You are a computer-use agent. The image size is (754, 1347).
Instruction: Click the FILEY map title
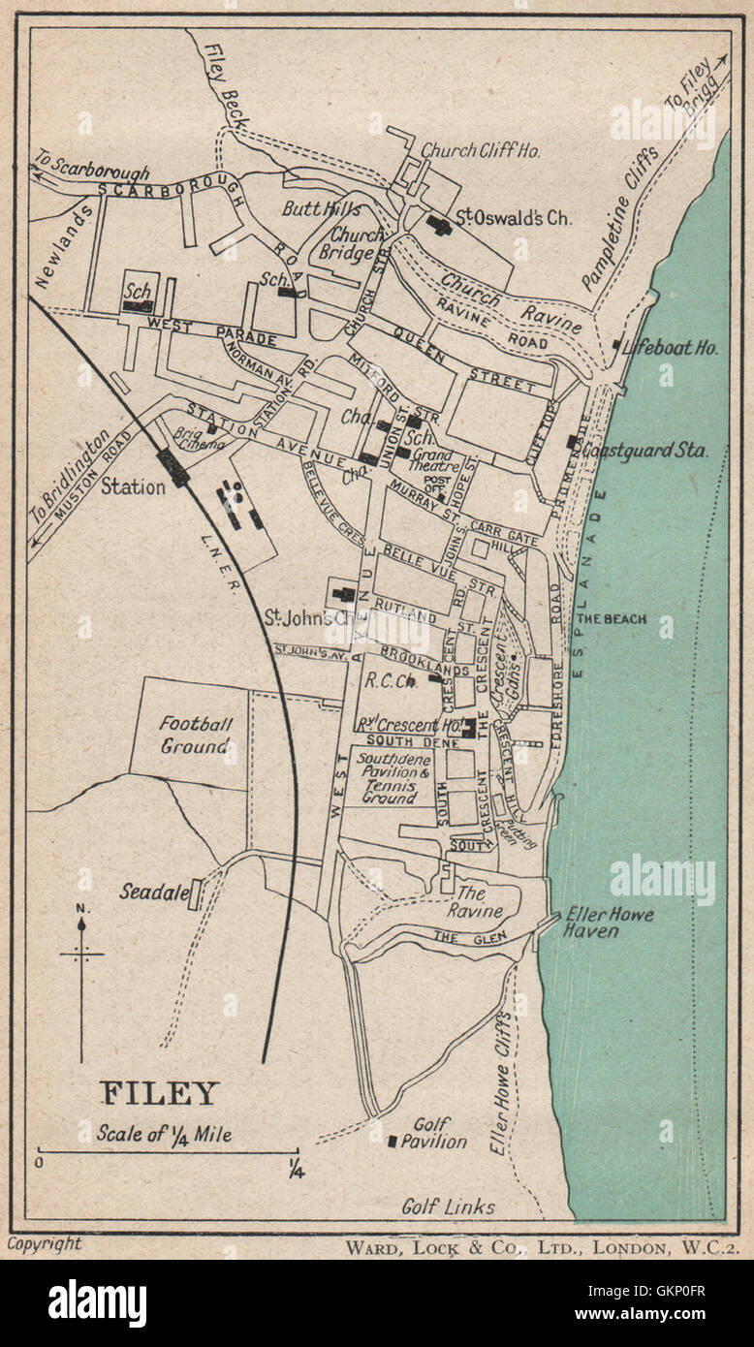tap(160, 1093)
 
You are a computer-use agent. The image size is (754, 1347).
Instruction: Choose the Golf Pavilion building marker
tap(393, 1142)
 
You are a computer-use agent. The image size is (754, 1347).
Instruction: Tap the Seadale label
tap(153, 891)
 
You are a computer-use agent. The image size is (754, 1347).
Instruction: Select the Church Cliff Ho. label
tap(480, 150)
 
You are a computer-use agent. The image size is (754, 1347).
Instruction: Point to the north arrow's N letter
tap(81, 908)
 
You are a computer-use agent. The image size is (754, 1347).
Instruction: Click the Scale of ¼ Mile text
tap(164, 1133)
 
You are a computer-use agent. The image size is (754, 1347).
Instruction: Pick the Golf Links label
tap(449, 1206)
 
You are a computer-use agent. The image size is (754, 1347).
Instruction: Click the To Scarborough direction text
tap(92, 165)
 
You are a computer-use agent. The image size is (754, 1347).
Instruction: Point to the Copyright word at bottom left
tap(45, 1244)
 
